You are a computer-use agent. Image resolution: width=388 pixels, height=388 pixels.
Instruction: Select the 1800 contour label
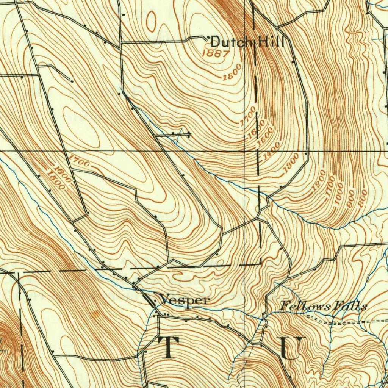pos(232,72)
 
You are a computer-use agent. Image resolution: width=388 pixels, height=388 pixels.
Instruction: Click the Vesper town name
pos(185,300)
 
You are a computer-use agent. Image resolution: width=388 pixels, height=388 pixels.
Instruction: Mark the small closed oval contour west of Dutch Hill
pos(151,21)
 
